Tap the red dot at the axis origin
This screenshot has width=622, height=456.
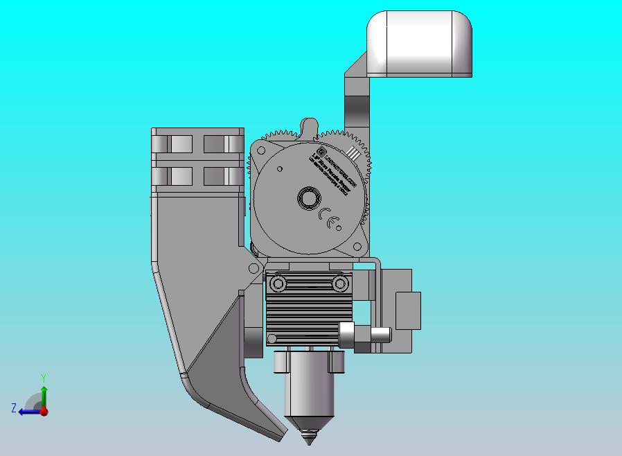(44, 411)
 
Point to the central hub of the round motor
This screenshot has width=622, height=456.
(308, 200)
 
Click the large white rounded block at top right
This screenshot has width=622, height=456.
(420, 43)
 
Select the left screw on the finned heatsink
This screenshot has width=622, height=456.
(278, 283)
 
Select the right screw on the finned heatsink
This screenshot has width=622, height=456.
(339, 283)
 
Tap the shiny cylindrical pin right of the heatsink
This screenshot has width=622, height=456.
(380, 335)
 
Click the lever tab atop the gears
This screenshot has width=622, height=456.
(308, 127)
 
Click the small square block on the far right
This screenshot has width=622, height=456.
(408, 310)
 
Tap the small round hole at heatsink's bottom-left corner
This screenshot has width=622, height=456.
(272, 338)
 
